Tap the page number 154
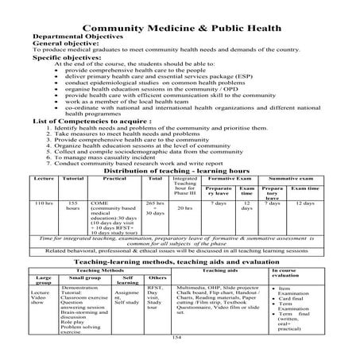177,337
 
